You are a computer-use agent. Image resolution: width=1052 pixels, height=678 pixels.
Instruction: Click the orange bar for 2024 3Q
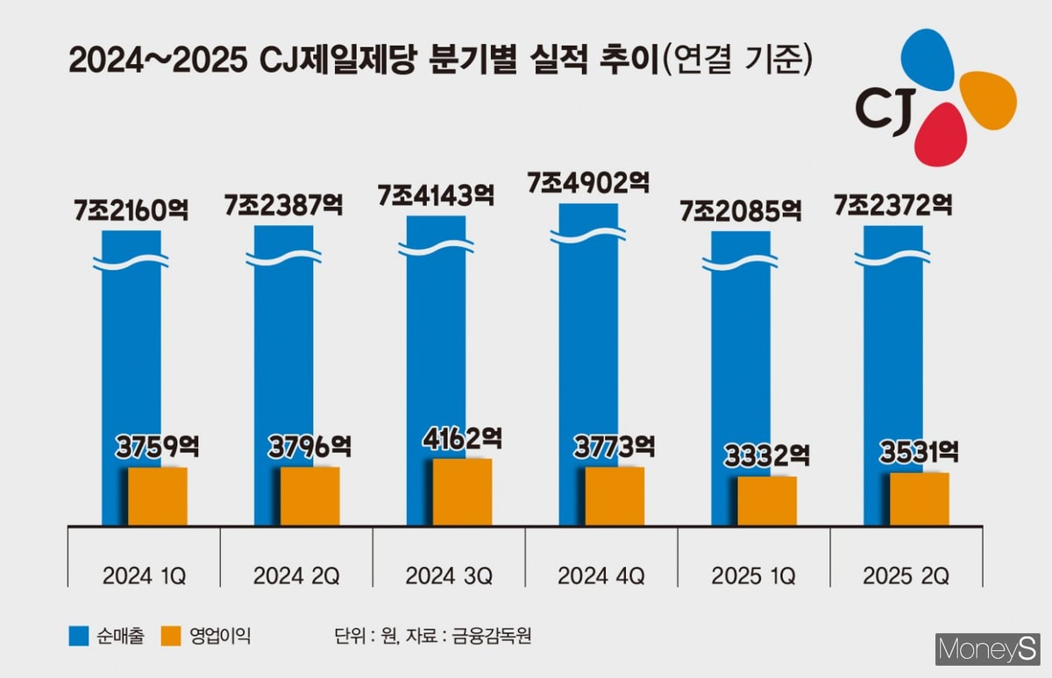pos(462,492)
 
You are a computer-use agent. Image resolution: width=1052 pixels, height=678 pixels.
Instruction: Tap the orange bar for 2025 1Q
pos(767,501)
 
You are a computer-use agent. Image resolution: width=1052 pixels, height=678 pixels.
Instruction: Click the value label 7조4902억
pos(588,183)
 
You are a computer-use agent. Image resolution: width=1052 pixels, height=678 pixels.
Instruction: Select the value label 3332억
pos(767,456)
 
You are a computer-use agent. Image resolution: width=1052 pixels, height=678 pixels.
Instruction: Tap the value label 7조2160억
pos(132,211)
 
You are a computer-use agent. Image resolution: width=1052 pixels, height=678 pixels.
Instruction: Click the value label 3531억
pos(919,452)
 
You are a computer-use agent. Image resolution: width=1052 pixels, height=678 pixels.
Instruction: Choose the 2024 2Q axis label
pos(296,576)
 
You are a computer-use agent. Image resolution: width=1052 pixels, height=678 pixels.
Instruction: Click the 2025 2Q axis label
pos(906,576)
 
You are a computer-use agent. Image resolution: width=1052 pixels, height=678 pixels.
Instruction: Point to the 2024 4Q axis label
pos(601,576)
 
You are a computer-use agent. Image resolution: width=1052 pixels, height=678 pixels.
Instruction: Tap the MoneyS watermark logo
pos(987,650)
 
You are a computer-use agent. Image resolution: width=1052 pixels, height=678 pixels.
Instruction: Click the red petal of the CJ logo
pos(940,136)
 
